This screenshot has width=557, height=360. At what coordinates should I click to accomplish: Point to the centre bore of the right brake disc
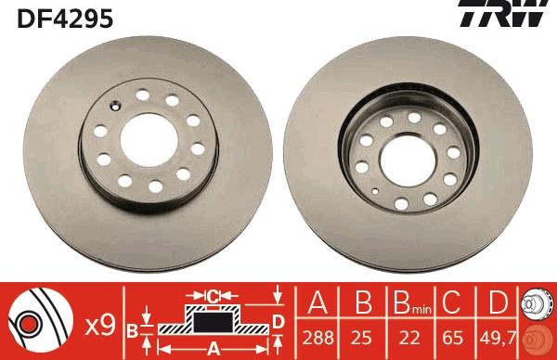(412, 148)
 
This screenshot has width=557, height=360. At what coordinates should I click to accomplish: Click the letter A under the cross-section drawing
(212, 349)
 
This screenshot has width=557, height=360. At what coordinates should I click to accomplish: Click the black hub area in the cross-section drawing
(212, 322)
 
